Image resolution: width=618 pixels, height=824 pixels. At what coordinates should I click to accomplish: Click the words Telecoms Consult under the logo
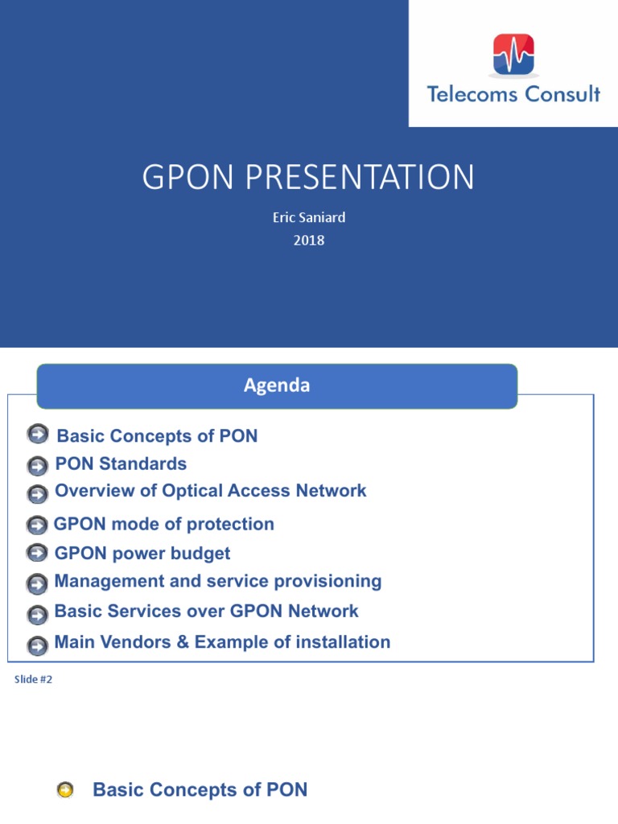[513, 94]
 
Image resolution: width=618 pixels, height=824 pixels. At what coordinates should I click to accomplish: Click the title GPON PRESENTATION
[308, 178]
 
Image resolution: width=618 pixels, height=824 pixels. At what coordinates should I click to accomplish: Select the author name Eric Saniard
[308, 218]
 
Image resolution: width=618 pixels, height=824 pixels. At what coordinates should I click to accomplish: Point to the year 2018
[308, 240]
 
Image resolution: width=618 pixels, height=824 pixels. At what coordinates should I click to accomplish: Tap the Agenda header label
[277, 385]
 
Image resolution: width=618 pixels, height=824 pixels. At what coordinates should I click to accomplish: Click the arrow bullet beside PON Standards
[37, 466]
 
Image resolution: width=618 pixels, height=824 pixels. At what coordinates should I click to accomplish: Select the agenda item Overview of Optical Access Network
[210, 491]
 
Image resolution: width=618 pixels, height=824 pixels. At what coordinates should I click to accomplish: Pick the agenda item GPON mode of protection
[164, 525]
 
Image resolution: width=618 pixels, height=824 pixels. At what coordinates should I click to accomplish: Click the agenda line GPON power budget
[142, 554]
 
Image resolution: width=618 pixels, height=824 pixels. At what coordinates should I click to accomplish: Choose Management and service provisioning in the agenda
[217, 581]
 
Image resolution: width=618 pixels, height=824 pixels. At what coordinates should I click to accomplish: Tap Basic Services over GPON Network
[206, 612]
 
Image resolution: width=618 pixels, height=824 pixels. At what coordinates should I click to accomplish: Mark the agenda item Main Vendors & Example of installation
[222, 642]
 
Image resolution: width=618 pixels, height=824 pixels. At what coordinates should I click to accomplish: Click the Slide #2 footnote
[33, 680]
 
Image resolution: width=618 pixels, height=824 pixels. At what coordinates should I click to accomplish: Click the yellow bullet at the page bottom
[66, 791]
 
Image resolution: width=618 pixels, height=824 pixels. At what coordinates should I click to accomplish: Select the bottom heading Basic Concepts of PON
[200, 790]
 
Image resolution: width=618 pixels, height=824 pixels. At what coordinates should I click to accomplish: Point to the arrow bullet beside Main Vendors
[37, 645]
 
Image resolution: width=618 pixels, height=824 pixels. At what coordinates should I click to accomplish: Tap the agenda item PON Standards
[121, 464]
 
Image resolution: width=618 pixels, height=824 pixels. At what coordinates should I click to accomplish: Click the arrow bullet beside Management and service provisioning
[37, 583]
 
